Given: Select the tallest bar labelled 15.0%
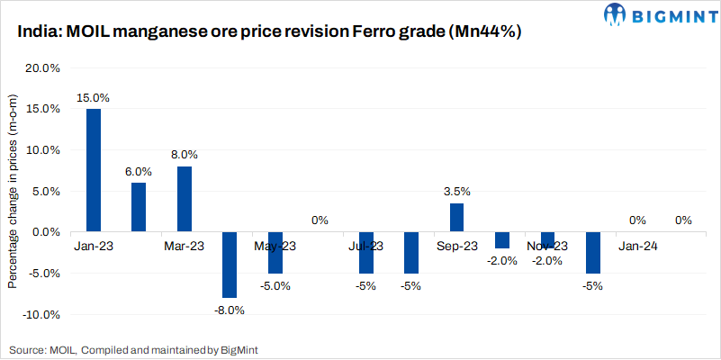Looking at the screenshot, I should (94, 170).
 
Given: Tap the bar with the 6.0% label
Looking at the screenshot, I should (139, 207).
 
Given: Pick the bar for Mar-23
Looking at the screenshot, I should (185, 199).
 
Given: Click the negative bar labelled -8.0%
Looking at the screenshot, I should (230, 265).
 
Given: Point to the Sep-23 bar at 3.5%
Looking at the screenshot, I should (457, 218).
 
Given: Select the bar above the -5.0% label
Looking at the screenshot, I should (275, 252).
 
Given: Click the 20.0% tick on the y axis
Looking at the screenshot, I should (43, 68).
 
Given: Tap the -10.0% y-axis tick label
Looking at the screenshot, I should (41, 315).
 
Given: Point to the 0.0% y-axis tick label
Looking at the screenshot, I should (46, 232).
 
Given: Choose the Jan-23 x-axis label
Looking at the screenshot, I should (94, 246).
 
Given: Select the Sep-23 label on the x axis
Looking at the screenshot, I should (457, 246).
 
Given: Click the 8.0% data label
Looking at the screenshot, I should (184, 155).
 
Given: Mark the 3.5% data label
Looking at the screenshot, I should (457, 192).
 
